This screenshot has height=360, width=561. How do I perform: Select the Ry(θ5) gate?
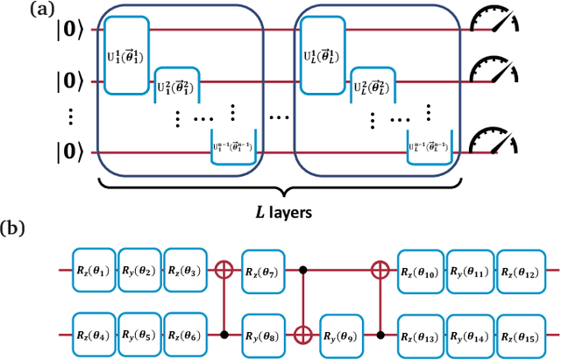[139, 334]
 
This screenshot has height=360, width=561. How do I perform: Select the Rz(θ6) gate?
[185, 334]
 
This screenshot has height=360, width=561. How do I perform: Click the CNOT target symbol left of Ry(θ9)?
[304, 334]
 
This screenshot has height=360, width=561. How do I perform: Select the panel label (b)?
[18, 230]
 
